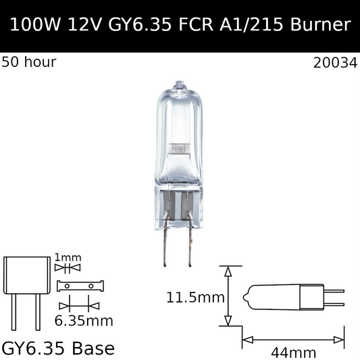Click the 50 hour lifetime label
tap(29, 63)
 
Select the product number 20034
tap(336, 63)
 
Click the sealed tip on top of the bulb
tap(179, 85)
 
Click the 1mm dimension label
tap(68, 257)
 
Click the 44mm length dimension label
tap(294, 351)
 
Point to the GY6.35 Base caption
tap(58, 348)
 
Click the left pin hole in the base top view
tap(68, 286)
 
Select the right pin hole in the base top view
tap(91, 286)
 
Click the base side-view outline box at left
tap(26, 276)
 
